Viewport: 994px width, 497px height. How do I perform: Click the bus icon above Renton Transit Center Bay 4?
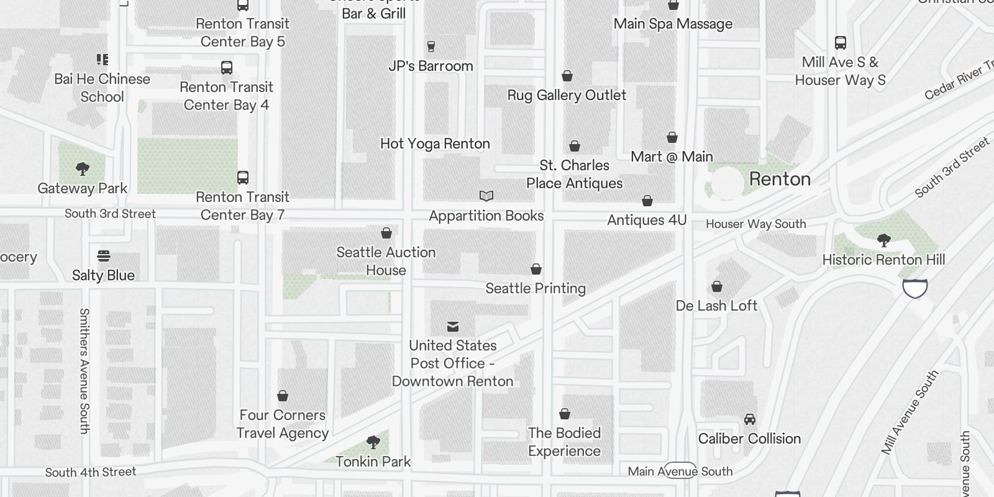pyautogui.click(x=227, y=68)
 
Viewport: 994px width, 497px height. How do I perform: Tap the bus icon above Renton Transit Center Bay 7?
pyautogui.click(x=243, y=178)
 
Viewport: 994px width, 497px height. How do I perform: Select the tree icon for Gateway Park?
pyautogui.click(x=82, y=169)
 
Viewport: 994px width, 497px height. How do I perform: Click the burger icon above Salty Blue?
pyautogui.click(x=104, y=256)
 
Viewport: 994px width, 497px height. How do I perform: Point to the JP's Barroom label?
pyautogui.click(x=431, y=66)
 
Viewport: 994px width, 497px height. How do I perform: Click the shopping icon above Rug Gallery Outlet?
pyautogui.click(x=567, y=76)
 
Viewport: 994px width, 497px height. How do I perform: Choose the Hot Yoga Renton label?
pyautogui.click(x=435, y=144)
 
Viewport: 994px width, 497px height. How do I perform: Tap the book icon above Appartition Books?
pyautogui.click(x=486, y=196)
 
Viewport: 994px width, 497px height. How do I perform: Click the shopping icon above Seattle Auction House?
pyautogui.click(x=386, y=233)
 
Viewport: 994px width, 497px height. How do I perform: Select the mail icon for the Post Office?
pyautogui.click(x=453, y=327)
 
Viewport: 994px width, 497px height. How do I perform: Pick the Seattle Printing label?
pyautogui.click(x=536, y=288)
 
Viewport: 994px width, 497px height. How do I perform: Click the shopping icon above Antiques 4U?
pyautogui.click(x=647, y=201)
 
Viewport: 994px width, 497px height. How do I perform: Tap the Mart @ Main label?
pyautogui.click(x=672, y=157)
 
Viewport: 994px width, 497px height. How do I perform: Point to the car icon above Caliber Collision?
pyautogui.click(x=750, y=419)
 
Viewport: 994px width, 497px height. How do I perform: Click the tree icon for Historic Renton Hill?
pyautogui.click(x=883, y=240)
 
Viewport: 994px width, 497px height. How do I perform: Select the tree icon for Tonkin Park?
pyautogui.click(x=373, y=442)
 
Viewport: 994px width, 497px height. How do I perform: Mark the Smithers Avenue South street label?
pyautogui.click(x=84, y=370)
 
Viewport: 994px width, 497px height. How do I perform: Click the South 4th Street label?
pyautogui.click(x=91, y=472)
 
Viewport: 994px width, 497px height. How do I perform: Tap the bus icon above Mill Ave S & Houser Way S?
pyautogui.click(x=841, y=43)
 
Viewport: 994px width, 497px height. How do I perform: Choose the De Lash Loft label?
pyautogui.click(x=716, y=306)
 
